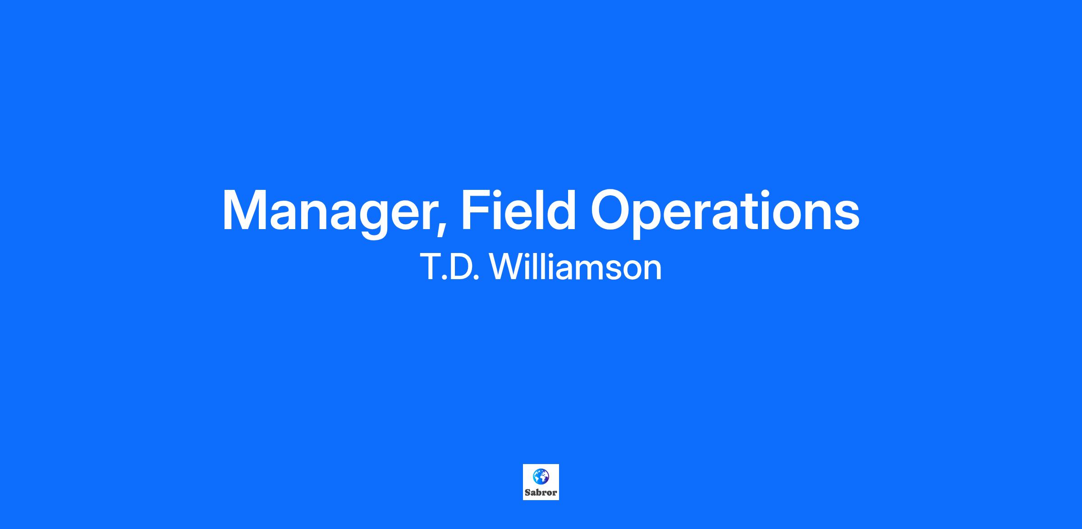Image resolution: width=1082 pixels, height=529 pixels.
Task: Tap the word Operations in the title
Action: click(x=725, y=212)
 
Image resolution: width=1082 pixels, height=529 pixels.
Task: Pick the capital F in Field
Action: click(x=475, y=211)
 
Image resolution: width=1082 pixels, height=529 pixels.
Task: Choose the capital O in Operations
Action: click(x=612, y=211)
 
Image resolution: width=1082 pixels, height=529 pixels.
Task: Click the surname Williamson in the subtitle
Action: click(x=575, y=267)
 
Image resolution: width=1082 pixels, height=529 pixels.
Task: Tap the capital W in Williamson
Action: click(x=506, y=267)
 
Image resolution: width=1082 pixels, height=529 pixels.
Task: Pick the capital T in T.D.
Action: click(x=430, y=267)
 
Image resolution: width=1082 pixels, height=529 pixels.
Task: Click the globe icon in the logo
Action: click(x=541, y=476)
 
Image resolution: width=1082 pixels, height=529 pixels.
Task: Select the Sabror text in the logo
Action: click(x=541, y=492)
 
